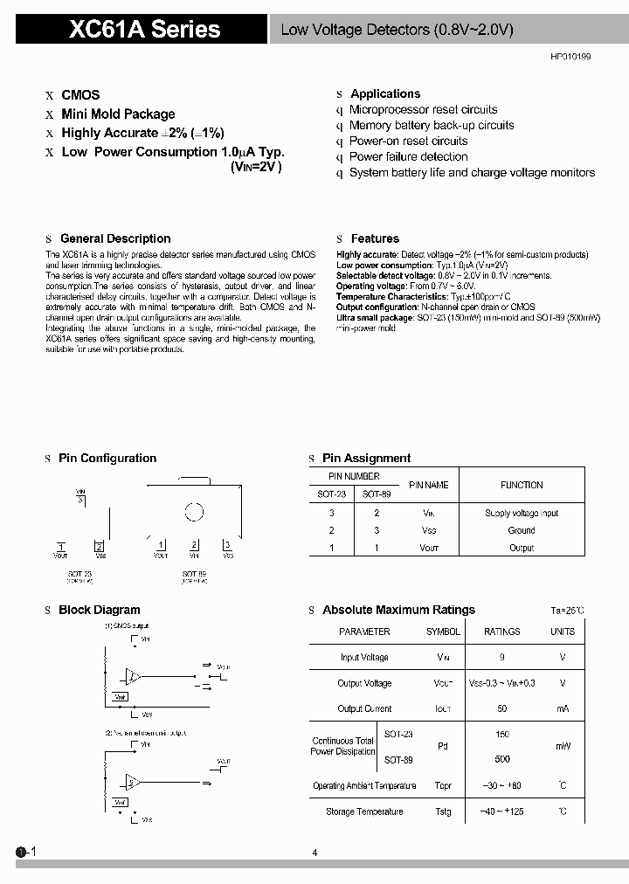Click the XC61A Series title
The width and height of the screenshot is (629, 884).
click(145, 30)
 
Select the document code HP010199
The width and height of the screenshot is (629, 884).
click(570, 56)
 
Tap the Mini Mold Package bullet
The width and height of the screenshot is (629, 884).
click(118, 114)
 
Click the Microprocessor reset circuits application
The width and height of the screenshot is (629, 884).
click(423, 110)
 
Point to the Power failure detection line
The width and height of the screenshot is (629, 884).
click(408, 157)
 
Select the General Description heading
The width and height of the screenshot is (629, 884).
click(115, 238)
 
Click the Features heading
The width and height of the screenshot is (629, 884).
click(375, 238)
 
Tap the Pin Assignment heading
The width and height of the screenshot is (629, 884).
click(366, 459)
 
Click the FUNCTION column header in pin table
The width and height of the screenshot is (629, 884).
click(522, 485)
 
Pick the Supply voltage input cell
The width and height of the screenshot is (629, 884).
click(522, 514)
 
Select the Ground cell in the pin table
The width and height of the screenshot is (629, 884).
click(522, 530)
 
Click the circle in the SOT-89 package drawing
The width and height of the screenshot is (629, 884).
click(194, 513)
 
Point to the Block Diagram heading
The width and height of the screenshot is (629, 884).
click(99, 611)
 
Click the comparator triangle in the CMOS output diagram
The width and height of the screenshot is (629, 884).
click(134, 676)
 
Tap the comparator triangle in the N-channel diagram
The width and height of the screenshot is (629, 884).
click(134, 781)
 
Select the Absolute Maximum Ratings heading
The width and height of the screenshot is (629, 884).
click(398, 611)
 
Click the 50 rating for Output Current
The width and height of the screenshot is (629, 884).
click(501, 709)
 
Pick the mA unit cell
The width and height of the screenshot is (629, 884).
click(562, 709)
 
